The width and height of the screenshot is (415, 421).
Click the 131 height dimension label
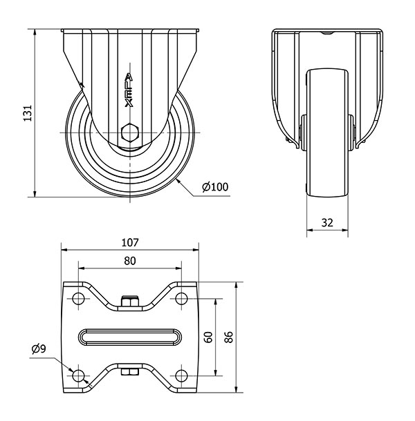click(x=28, y=113)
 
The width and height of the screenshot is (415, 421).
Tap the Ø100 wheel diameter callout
click(x=215, y=187)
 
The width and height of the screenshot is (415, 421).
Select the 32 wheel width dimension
click(x=327, y=223)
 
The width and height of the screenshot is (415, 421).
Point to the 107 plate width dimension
click(x=130, y=242)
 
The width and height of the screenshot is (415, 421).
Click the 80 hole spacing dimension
click(x=130, y=261)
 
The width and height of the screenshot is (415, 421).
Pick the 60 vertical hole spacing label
click(x=209, y=337)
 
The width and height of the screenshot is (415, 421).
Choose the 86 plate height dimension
click(x=228, y=337)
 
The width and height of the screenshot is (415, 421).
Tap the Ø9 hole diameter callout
click(x=39, y=349)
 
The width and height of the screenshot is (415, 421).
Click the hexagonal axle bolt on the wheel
click(x=130, y=133)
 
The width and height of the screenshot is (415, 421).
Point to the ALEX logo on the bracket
click(x=129, y=90)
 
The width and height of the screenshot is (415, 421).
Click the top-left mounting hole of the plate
click(x=78, y=298)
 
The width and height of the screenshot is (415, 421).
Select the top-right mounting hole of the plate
click(x=181, y=298)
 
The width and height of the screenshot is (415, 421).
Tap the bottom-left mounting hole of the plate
click(x=78, y=375)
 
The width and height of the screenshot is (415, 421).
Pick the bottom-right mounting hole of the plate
click(x=181, y=375)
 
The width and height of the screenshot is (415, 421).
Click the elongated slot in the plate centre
click(x=130, y=337)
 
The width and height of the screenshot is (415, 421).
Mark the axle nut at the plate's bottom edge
click(x=130, y=372)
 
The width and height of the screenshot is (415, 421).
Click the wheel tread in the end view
click(x=327, y=133)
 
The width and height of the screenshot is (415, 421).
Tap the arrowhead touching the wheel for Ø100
click(x=178, y=182)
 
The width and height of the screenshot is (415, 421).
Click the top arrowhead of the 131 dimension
click(x=35, y=32)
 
